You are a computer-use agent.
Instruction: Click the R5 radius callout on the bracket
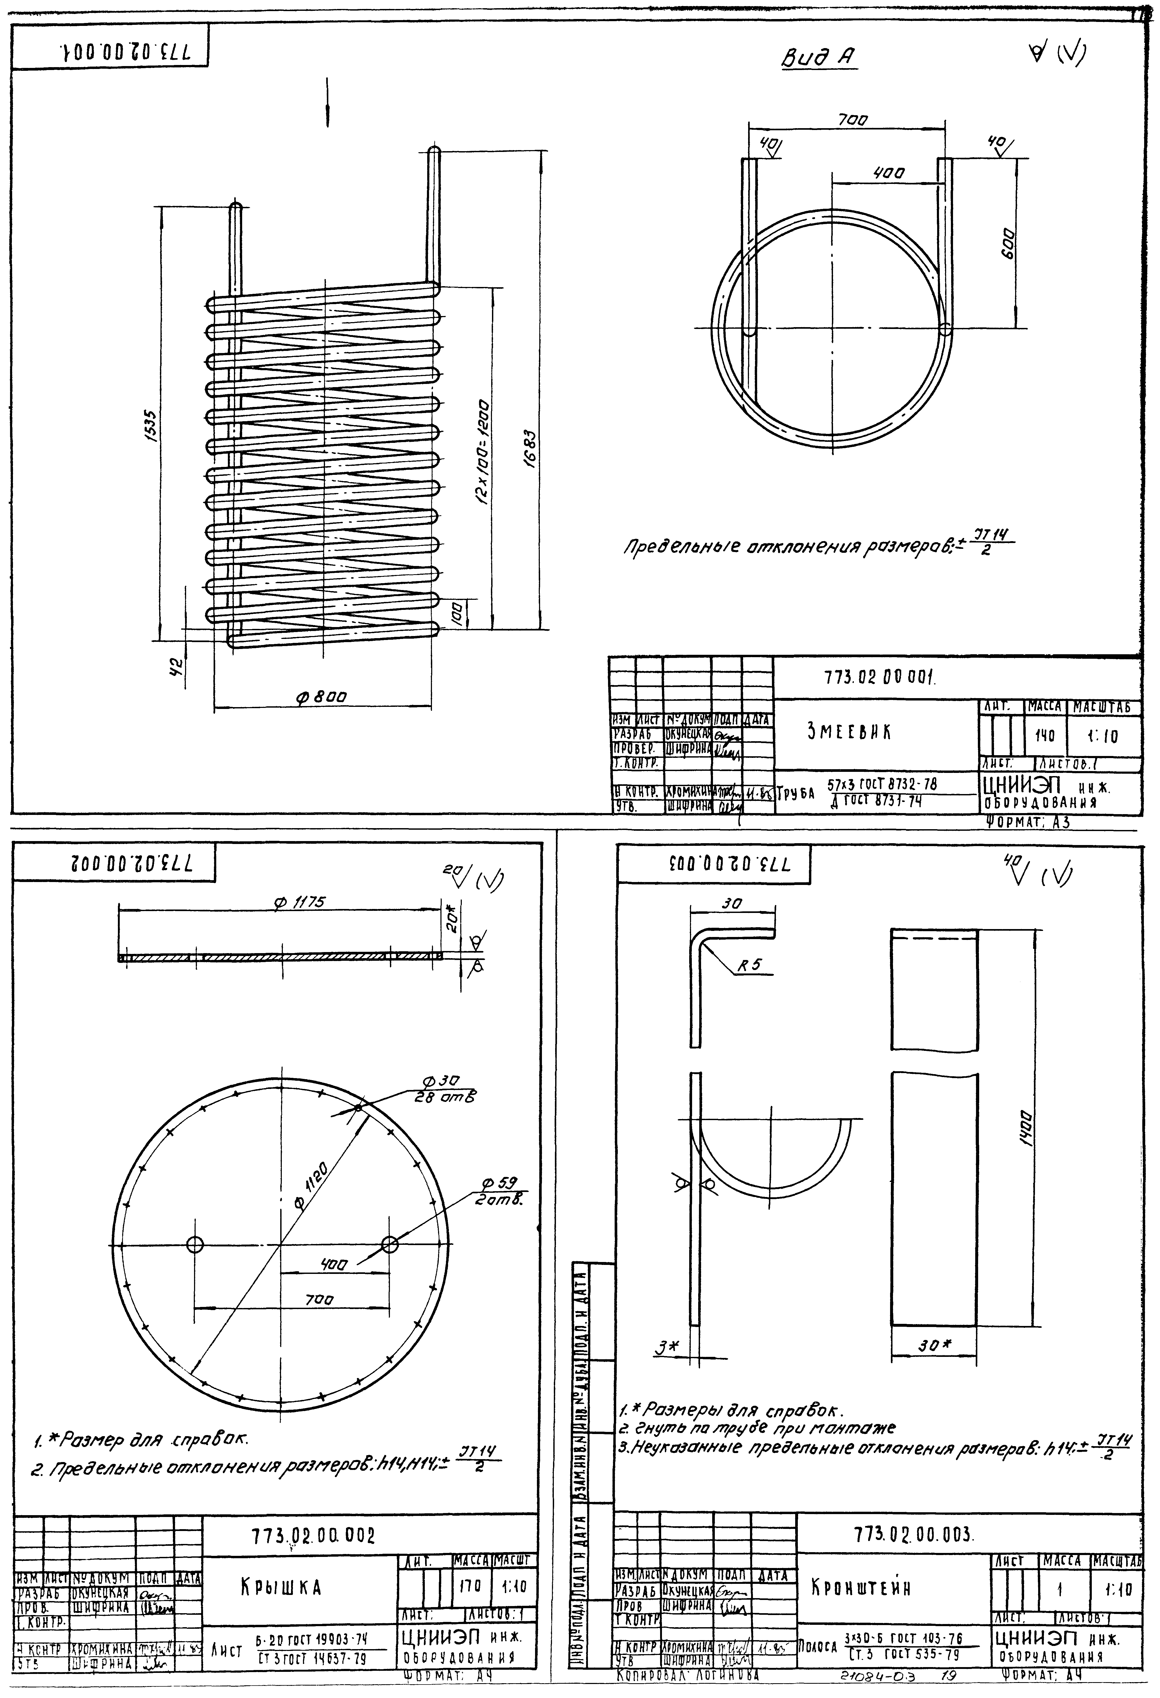tap(749, 964)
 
